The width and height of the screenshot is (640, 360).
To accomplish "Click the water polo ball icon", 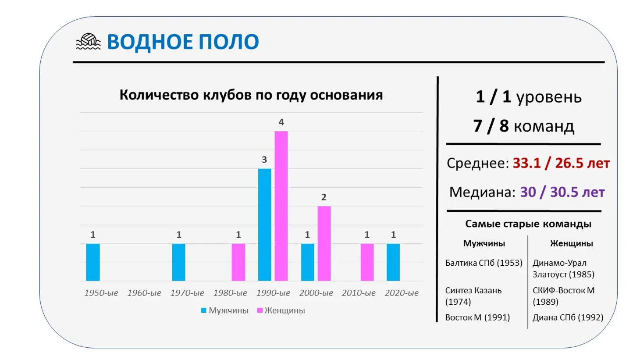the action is point(88,42).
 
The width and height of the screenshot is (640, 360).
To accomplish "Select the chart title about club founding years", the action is point(251,95).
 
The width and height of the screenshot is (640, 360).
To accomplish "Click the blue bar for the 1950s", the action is point(93,262).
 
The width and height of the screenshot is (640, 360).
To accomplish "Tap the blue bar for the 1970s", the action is point(178,262).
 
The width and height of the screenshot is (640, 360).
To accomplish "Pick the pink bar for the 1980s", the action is point(238,262).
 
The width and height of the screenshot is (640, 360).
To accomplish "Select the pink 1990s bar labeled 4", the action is point(281,206).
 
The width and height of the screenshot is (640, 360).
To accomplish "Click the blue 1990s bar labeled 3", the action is point(265,225).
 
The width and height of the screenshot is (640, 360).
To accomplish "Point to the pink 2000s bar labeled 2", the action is point(324,243).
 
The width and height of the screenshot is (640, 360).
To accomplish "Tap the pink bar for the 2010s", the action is point(367,262).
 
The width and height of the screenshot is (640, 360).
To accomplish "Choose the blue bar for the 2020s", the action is point(393,262).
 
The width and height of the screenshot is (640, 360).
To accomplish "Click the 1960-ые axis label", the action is point(144,293).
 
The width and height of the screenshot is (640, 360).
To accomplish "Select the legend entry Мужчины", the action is point(225,310).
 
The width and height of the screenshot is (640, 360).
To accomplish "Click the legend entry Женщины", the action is point(281,310).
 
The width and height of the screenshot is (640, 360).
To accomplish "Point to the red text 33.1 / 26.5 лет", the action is point(561,164).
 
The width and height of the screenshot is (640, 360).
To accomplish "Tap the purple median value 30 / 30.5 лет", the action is point(562,192).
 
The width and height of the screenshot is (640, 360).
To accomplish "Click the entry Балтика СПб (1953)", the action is point(484,263).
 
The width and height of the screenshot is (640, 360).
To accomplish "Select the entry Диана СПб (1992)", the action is point(568,317).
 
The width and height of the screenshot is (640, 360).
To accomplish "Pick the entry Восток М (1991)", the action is point(477,317).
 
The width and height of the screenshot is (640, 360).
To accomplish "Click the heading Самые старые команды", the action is point(528,224).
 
